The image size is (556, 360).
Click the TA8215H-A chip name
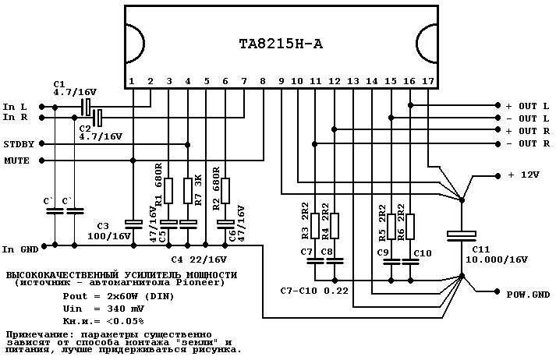(278, 44)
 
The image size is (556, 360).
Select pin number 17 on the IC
(428, 81)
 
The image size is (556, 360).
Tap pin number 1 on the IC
(132, 81)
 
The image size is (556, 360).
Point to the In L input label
(15, 106)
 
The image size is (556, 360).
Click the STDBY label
(17, 144)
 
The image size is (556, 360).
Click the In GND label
(19, 249)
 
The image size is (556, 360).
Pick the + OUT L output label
(526, 105)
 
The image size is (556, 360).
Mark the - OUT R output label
(526, 144)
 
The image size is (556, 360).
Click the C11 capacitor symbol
(462, 234)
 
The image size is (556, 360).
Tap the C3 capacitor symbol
(133, 224)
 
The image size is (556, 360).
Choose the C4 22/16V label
(198, 259)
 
